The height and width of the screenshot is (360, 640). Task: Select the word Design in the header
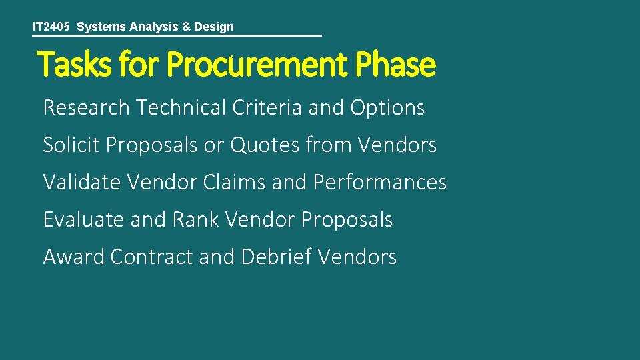pyautogui.click(x=214, y=27)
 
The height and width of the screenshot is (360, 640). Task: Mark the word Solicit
pyautogui.click(x=71, y=145)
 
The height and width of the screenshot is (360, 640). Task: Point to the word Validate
pyautogui.click(x=81, y=182)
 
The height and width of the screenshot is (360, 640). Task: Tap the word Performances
pyautogui.click(x=379, y=182)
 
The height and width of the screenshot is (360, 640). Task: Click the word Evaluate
pyautogui.click(x=83, y=219)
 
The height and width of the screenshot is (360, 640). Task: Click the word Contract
pyautogui.click(x=151, y=257)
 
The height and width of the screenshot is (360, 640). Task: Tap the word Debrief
pyautogui.click(x=276, y=257)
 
